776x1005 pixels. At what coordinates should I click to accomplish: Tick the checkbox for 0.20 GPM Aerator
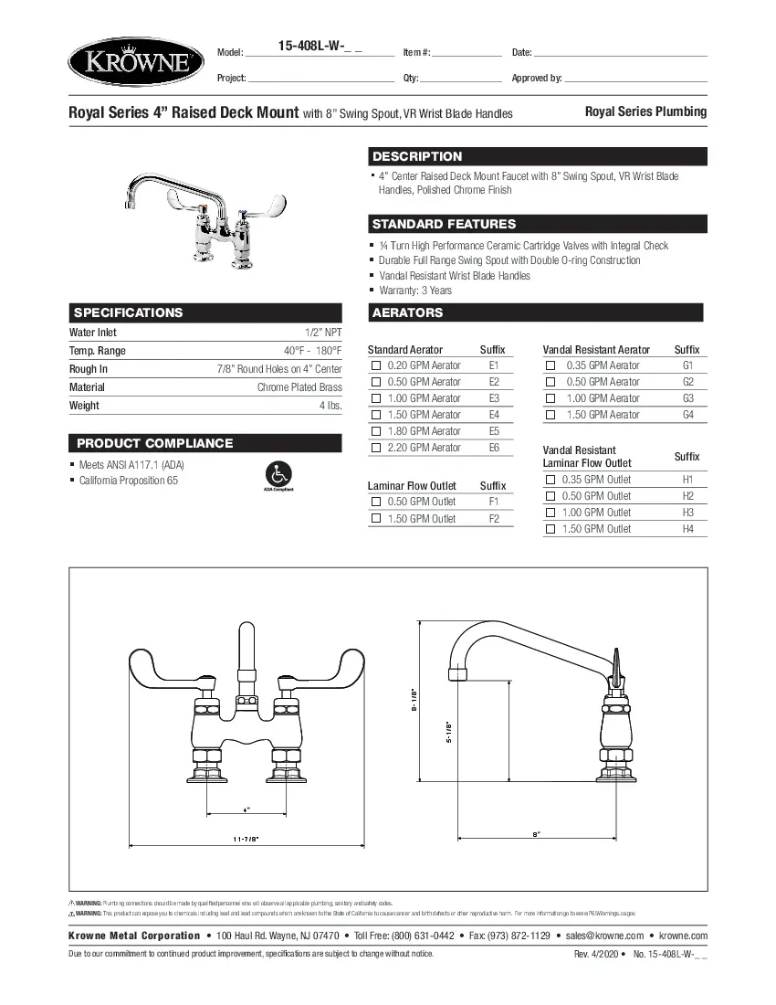[375, 365]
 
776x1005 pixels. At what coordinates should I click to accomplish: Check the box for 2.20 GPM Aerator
[375, 448]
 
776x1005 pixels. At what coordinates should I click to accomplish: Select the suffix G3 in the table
[687, 398]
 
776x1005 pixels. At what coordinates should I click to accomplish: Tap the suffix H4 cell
[687, 529]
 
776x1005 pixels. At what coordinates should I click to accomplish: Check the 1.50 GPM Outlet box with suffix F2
[375, 519]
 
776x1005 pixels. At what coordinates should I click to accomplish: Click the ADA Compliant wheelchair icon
[278, 475]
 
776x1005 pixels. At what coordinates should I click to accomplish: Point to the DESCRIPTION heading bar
[538, 156]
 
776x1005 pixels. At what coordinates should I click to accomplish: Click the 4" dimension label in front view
[246, 809]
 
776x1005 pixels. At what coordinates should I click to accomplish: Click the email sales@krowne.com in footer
[604, 936]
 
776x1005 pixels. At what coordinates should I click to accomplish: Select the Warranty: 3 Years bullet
[415, 291]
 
